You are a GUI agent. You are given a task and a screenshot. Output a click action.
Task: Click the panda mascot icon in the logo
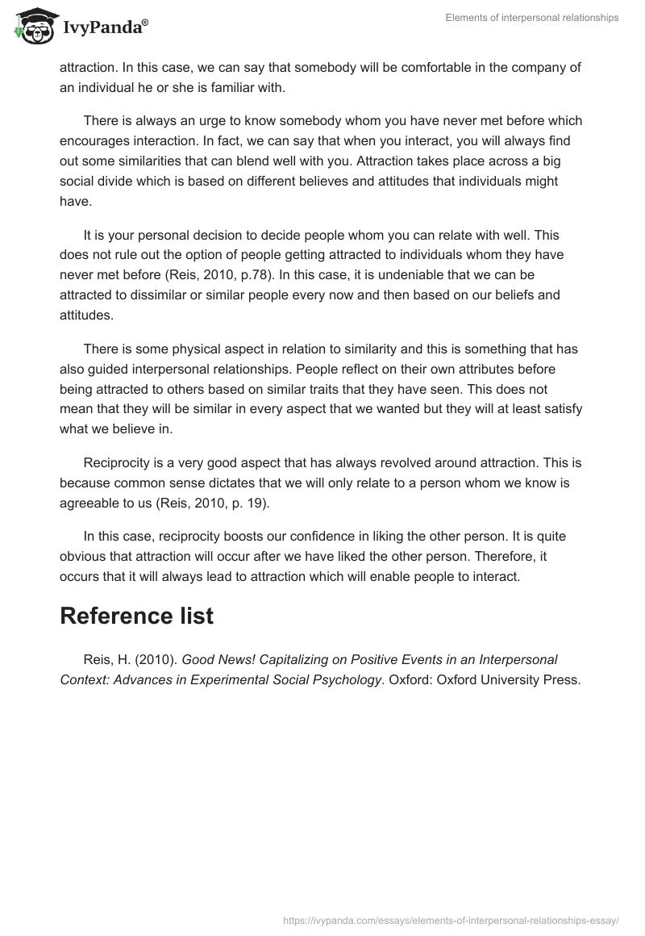coord(32,27)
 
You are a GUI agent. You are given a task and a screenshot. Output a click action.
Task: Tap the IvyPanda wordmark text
coord(104,29)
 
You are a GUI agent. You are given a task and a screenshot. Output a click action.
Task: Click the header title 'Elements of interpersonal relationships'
coord(532,18)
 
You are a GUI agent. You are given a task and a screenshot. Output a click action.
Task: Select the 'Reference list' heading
coord(136,616)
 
